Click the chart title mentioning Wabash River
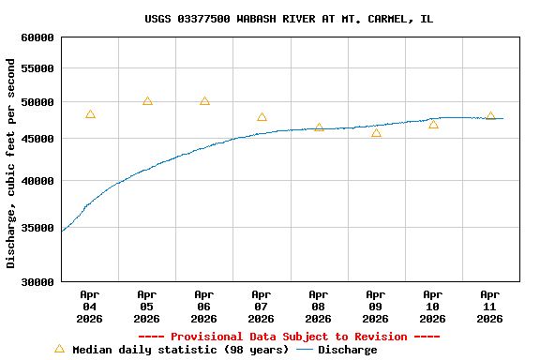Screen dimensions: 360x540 [x=289, y=19]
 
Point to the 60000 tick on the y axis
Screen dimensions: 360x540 [x=37, y=37]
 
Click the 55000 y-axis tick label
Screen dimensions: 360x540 [x=37, y=69]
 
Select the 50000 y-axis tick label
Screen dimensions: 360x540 [x=37, y=102]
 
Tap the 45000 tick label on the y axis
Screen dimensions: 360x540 [x=37, y=139]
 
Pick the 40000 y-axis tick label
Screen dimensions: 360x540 [x=37, y=181]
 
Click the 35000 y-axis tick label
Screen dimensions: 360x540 [x=37, y=228]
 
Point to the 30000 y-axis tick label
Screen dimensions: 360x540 [x=37, y=281]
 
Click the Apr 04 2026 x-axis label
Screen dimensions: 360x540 [x=90, y=307]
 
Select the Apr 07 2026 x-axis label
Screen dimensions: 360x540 [x=262, y=307]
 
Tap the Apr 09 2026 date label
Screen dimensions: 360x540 [x=376, y=307]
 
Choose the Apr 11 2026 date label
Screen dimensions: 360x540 [x=490, y=307]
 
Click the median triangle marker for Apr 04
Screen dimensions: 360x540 [x=90, y=114]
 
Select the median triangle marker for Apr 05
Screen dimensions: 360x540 [x=147, y=101]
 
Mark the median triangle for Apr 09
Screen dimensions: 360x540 [x=376, y=133]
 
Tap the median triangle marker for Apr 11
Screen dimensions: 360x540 [x=490, y=116]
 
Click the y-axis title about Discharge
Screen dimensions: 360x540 [x=11, y=163]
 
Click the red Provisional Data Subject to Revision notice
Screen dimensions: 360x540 [x=289, y=337]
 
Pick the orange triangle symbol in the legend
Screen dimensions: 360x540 [x=60, y=349]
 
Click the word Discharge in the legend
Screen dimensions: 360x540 [x=347, y=350]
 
